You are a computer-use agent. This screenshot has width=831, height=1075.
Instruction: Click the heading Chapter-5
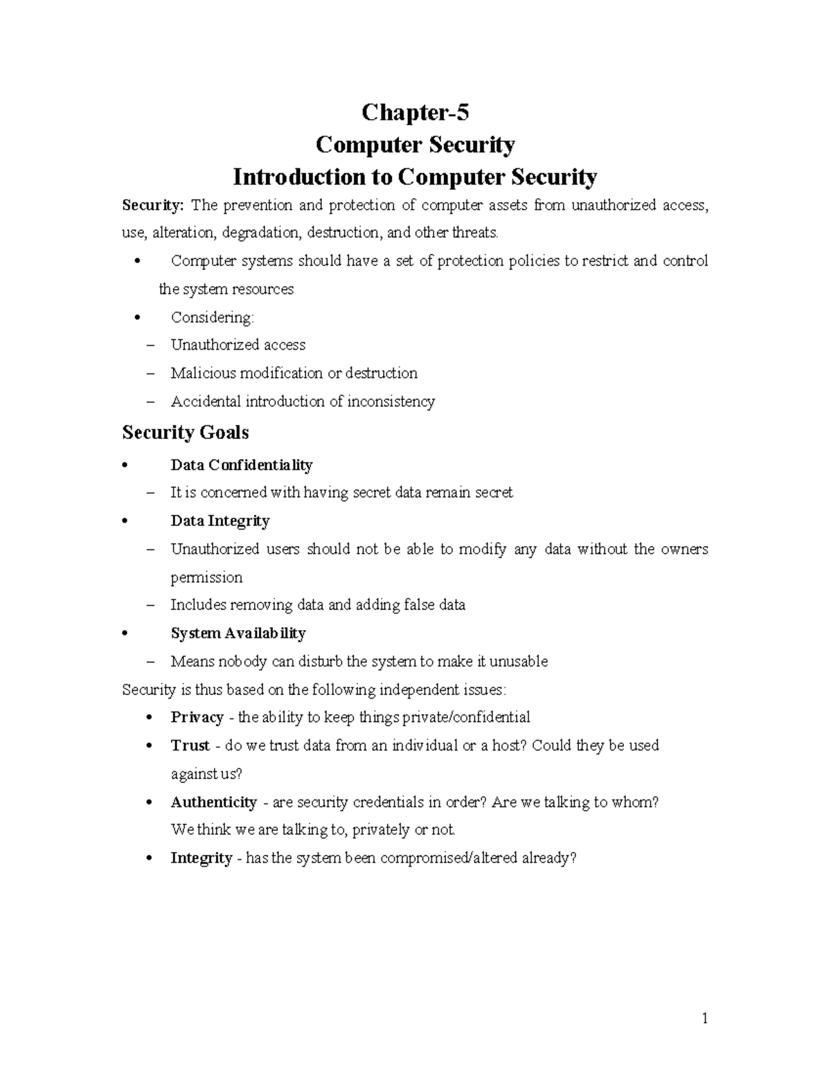pos(415,112)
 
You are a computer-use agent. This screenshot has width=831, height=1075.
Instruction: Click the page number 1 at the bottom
pos(704,1018)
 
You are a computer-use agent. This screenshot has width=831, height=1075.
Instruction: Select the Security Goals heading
pos(185,433)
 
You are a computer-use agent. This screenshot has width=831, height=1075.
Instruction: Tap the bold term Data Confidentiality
pos(241,464)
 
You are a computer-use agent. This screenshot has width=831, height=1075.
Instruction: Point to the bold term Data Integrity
pos(220,521)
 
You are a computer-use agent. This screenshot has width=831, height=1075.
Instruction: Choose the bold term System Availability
pos(238,633)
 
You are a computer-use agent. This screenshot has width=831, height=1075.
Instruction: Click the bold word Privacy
pos(197,717)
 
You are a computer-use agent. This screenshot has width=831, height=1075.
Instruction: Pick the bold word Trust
pos(190,746)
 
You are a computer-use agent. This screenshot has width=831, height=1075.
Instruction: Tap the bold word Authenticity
pos(213,802)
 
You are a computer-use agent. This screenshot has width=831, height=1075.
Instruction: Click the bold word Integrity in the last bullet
pos(201,858)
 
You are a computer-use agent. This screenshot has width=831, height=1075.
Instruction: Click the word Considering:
pos(213,317)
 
